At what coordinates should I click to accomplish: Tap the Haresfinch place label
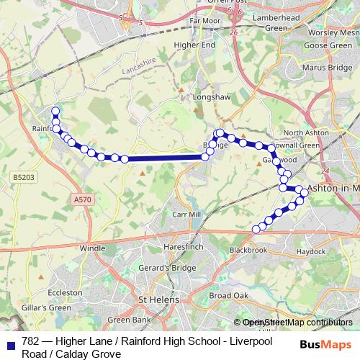pos(184,246)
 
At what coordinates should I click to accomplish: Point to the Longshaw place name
pos(210,95)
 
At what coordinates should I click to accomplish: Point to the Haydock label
pos(310,252)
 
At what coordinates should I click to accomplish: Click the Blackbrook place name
pos(248,250)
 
